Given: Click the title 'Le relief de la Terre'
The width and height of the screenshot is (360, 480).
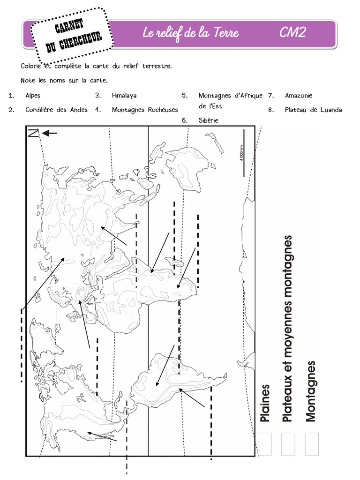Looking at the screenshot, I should [x=190, y=33].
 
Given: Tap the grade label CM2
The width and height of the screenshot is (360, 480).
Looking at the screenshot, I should [x=293, y=33].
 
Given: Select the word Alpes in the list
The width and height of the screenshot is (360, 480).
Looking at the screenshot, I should [x=33, y=96].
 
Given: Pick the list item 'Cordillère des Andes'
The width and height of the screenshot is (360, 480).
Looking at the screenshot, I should [x=56, y=110].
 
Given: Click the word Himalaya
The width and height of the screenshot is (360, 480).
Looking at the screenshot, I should [x=124, y=96].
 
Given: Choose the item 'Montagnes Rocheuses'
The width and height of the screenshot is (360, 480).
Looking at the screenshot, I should [x=145, y=110].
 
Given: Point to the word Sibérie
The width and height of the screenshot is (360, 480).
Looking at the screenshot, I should [x=208, y=120].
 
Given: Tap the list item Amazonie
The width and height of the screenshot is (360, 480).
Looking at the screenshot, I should [x=298, y=96].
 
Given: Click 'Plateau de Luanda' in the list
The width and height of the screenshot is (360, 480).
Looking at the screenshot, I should [x=313, y=110].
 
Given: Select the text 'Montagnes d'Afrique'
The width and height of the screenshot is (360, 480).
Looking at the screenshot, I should [x=230, y=96].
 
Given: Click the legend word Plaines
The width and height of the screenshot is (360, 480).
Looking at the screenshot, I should [x=265, y=403].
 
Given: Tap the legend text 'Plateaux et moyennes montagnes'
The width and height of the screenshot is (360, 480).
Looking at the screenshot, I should [x=288, y=328].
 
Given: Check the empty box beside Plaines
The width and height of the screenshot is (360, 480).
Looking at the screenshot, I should [x=265, y=444].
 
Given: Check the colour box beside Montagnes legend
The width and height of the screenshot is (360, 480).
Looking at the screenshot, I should [x=312, y=444].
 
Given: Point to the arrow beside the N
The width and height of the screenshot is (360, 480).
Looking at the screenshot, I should [x=49, y=134].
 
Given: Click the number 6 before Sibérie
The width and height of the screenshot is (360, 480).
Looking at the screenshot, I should [x=185, y=120].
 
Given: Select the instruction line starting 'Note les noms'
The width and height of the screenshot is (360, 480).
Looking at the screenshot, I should [x=64, y=80].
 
